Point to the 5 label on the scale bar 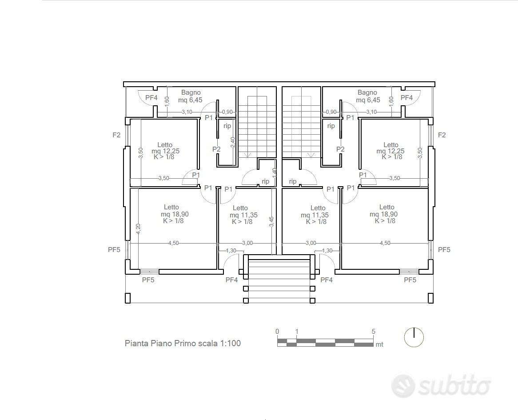(373, 332)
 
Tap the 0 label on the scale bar (277, 332)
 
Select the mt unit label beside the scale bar (379, 344)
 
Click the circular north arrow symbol (414, 337)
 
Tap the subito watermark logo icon (402, 386)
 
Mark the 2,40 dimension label (233, 142)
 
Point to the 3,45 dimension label (271, 222)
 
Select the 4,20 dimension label (138, 229)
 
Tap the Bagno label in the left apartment (191, 92)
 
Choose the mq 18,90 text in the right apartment (383, 214)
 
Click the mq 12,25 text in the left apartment (166, 151)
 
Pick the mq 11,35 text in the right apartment (315, 215)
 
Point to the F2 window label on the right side (442, 135)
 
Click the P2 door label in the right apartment (340, 149)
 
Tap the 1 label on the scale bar (297, 332)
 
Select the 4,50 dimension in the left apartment (173, 243)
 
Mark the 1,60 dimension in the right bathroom (391, 101)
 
